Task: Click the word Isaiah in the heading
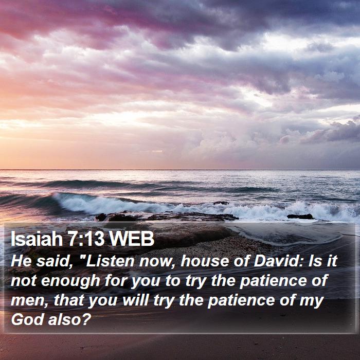click(x=37, y=238)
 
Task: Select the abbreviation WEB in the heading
click(x=132, y=239)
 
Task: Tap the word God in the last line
click(x=28, y=319)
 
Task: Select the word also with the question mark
click(x=70, y=319)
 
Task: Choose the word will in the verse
click(x=136, y=300)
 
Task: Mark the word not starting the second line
click(x=24, y=281)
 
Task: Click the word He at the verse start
click(x=21, y=261)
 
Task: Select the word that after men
click(x=68, y=300)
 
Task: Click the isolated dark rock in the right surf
click(x=300, y=217)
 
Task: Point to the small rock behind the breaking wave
click(x=221, y=203)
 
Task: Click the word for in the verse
click(x=116, y=281)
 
